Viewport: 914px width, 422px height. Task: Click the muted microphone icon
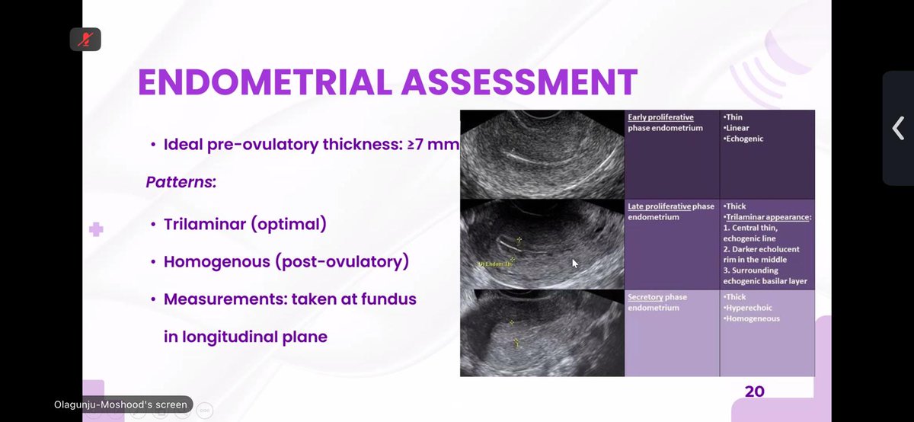[85, 39]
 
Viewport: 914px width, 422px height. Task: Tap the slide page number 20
[754, 392]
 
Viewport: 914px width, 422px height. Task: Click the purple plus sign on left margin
[96, 229]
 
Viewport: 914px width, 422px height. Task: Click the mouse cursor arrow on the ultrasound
[576, 263]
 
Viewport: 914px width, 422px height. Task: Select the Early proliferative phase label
[660, 117]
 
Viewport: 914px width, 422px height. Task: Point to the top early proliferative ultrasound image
[542, 155]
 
